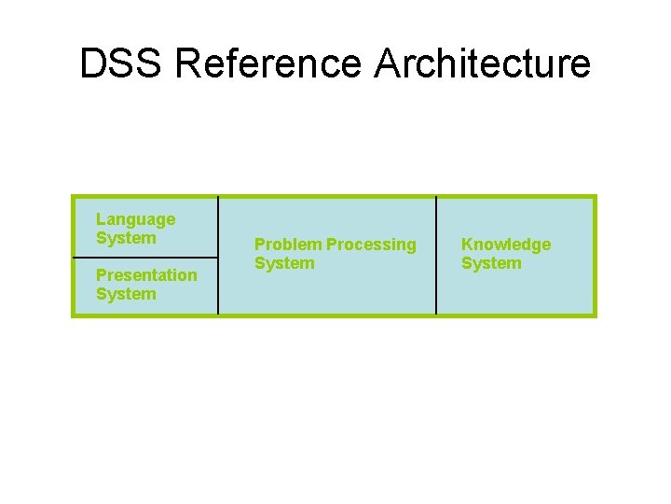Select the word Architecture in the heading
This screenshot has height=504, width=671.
483,63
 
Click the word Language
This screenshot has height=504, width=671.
135,219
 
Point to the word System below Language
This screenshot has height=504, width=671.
126,238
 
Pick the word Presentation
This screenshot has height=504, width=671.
146,275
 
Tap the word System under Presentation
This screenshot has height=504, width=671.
126,294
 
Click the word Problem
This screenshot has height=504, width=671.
288,245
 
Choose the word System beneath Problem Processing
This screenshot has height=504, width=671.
284,263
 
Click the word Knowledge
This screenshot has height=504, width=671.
506,245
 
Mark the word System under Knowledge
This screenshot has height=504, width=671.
491,263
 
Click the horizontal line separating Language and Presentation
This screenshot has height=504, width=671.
145,257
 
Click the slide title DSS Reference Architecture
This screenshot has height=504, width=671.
335,63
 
